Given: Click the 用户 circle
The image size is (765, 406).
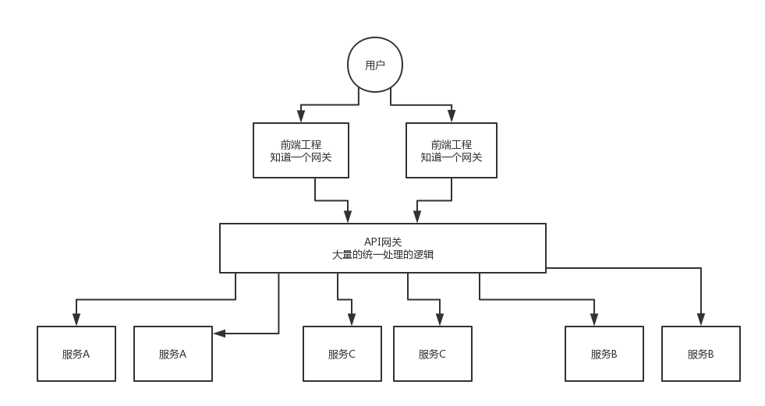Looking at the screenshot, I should [375, 65].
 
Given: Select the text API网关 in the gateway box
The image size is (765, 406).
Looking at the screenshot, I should [382, 242].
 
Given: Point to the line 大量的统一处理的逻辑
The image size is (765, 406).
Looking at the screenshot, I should [382, 254].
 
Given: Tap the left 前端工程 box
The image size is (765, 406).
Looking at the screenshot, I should [301, 150].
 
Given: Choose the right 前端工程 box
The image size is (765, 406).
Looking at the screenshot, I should [452, 150].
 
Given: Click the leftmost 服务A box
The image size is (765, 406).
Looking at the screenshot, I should [76, 354].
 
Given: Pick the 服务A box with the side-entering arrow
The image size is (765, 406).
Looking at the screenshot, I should [173, 354].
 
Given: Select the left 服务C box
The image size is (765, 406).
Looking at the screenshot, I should [342, 354].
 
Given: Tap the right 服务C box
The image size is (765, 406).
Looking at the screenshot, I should [433, 354].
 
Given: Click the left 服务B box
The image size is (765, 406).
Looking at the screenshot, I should [604, 354].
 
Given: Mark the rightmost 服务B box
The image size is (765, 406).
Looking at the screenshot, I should [700, 354].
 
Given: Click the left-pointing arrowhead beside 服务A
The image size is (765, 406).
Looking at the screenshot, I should [219, 334].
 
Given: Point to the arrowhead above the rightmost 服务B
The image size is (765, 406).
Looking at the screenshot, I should [700, 320].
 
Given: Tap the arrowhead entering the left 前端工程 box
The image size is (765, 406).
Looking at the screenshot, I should [301, 116].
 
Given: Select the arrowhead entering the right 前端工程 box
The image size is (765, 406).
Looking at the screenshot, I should [452, 116].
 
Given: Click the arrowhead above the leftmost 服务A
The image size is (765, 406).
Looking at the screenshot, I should [76, 320].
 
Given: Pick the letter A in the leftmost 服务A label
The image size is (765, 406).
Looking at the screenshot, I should [86, 355].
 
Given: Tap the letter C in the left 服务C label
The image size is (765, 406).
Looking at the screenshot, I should [352, 355].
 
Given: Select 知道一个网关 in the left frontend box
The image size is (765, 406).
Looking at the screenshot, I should [301, 157].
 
